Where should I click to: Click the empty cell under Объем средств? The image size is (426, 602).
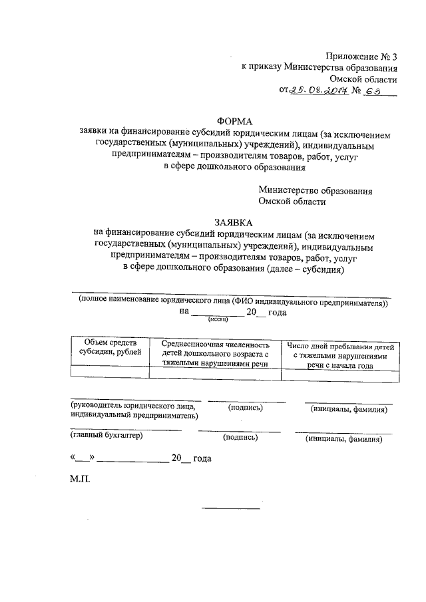[x=110, y=374]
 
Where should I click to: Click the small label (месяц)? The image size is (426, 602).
[x=218, y=320]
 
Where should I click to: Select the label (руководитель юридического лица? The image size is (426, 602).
[x=133, y=405]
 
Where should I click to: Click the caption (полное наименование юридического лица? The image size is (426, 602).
[x=232, y=301]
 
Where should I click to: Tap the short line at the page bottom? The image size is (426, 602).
[x=231, y=510]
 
